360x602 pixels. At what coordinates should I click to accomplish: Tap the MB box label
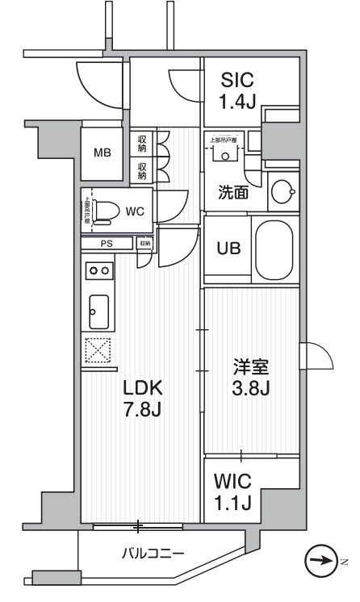(102, 153)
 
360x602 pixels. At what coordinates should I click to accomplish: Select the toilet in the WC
(103, 211)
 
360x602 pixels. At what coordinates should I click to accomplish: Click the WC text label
(134, 211)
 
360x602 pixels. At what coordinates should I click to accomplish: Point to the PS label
(106, 243)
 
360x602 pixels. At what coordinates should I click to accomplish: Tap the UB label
(228, 249)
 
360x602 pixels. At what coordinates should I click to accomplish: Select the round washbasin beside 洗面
(282, 192)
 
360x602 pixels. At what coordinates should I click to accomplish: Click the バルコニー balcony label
(153, 554)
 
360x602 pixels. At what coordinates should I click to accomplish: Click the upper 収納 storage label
(142, 144)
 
